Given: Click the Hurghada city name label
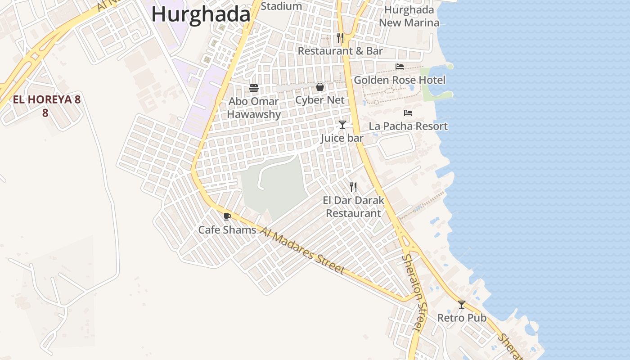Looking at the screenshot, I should click(201, 14).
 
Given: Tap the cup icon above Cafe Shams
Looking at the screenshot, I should click(227, 216).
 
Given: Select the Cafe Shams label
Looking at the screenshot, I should click(227, 230).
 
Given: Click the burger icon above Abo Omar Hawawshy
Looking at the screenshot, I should click(254, 88).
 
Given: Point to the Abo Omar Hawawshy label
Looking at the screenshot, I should click(254, 108).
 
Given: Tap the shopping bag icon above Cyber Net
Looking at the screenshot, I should click(320, 87).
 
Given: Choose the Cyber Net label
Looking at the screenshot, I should click(320, 100).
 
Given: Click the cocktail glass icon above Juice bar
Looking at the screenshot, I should click(342, 125).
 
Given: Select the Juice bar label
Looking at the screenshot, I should click(342, 138).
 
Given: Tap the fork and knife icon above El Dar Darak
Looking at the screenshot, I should click(353, 187).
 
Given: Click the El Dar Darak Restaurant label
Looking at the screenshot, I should click(353, 207).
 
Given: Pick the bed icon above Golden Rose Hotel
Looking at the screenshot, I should click(400, 67).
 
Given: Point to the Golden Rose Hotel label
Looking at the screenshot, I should click(400, 80).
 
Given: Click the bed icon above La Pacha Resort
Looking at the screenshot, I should click(408, 113).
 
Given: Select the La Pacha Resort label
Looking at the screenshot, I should click(408, 126).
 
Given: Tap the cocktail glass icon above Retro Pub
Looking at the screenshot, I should click(462, 305).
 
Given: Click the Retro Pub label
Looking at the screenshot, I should click(462, 318).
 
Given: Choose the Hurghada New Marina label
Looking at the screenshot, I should click(409, 16).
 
